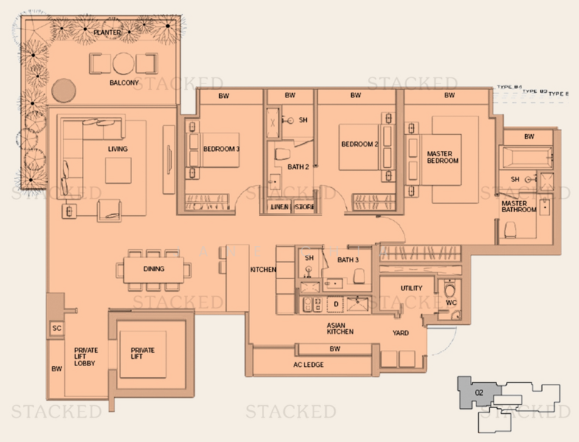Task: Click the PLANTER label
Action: (x=108, y=32)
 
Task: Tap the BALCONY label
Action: (x=124, y=83)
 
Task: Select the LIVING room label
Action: (x=117, y=150)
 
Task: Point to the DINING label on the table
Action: (x=153, y=269)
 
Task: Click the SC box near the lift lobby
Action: (x=56, y=329)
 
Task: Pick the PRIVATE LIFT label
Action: (x=142, y=354)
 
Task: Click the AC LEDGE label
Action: (x=308, y=365)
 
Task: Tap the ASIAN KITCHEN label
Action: (x=340, y=328)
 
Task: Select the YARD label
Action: (x=401, y=332)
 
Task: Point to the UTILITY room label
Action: (x=411, y=288)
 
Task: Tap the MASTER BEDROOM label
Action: (x=443, y=158)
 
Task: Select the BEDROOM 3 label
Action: (x=221, y=149)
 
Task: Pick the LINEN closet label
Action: (x=279, y=207)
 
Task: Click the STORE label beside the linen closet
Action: (x=305, y=207)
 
